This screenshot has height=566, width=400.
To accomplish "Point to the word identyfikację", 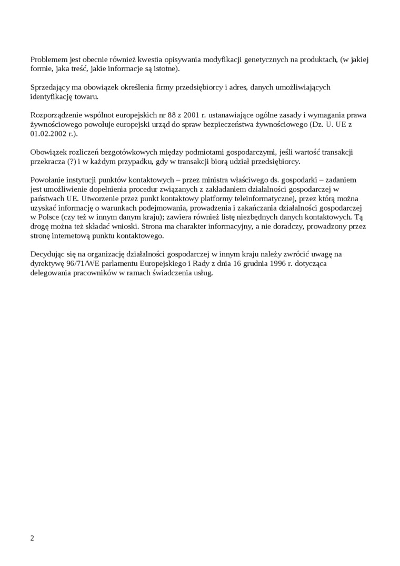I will click(x=52, y=96).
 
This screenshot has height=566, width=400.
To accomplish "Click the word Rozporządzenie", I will click(x=57, y=115).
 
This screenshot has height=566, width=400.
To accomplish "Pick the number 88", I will click(x=172, y=115).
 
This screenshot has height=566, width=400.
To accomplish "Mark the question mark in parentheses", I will click(x=72, y=161).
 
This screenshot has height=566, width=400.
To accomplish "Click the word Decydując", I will click(x=48, y=254).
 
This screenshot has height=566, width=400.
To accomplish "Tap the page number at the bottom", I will click(x=32, y=538).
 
